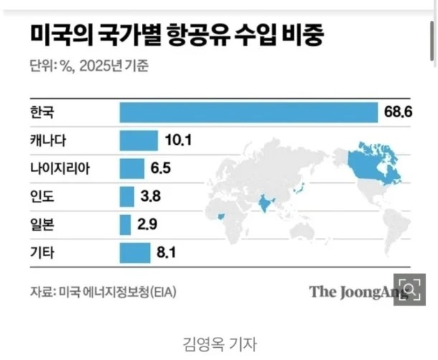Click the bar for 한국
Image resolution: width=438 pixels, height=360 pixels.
248,113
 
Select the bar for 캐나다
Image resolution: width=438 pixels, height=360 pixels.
138,141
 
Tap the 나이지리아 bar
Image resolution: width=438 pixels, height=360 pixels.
131,169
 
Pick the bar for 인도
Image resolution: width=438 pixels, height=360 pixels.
127,196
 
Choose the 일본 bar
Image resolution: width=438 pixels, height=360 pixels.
125,224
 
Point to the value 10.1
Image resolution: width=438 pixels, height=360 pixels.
177,141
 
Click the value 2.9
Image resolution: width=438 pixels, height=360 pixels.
148,224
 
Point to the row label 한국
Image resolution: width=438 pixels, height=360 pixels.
43,113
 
